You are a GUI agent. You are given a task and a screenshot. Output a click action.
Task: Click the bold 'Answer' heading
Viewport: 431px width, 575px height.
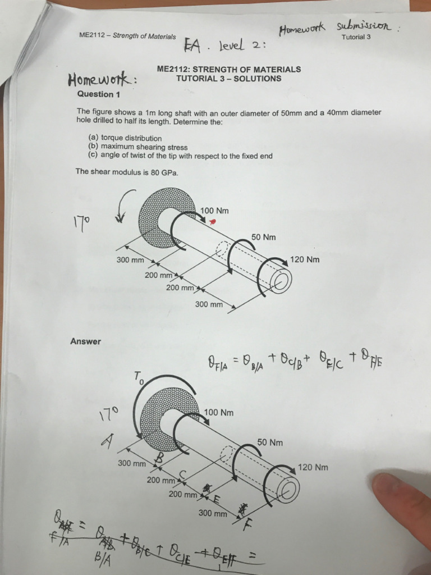(x=86, y=341)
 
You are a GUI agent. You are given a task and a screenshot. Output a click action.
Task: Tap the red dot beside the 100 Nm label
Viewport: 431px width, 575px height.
(x=213, y=222)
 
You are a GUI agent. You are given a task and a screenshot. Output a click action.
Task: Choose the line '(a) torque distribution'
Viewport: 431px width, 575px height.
(x=125, y=138)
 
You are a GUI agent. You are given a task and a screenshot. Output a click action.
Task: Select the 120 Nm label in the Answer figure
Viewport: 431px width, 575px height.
(x=313, y=467)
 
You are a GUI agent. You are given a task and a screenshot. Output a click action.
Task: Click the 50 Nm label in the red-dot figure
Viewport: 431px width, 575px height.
(x=263, y=238)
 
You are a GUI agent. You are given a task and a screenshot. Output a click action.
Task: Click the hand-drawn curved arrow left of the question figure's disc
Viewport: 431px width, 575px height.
(x=126, y=206)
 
